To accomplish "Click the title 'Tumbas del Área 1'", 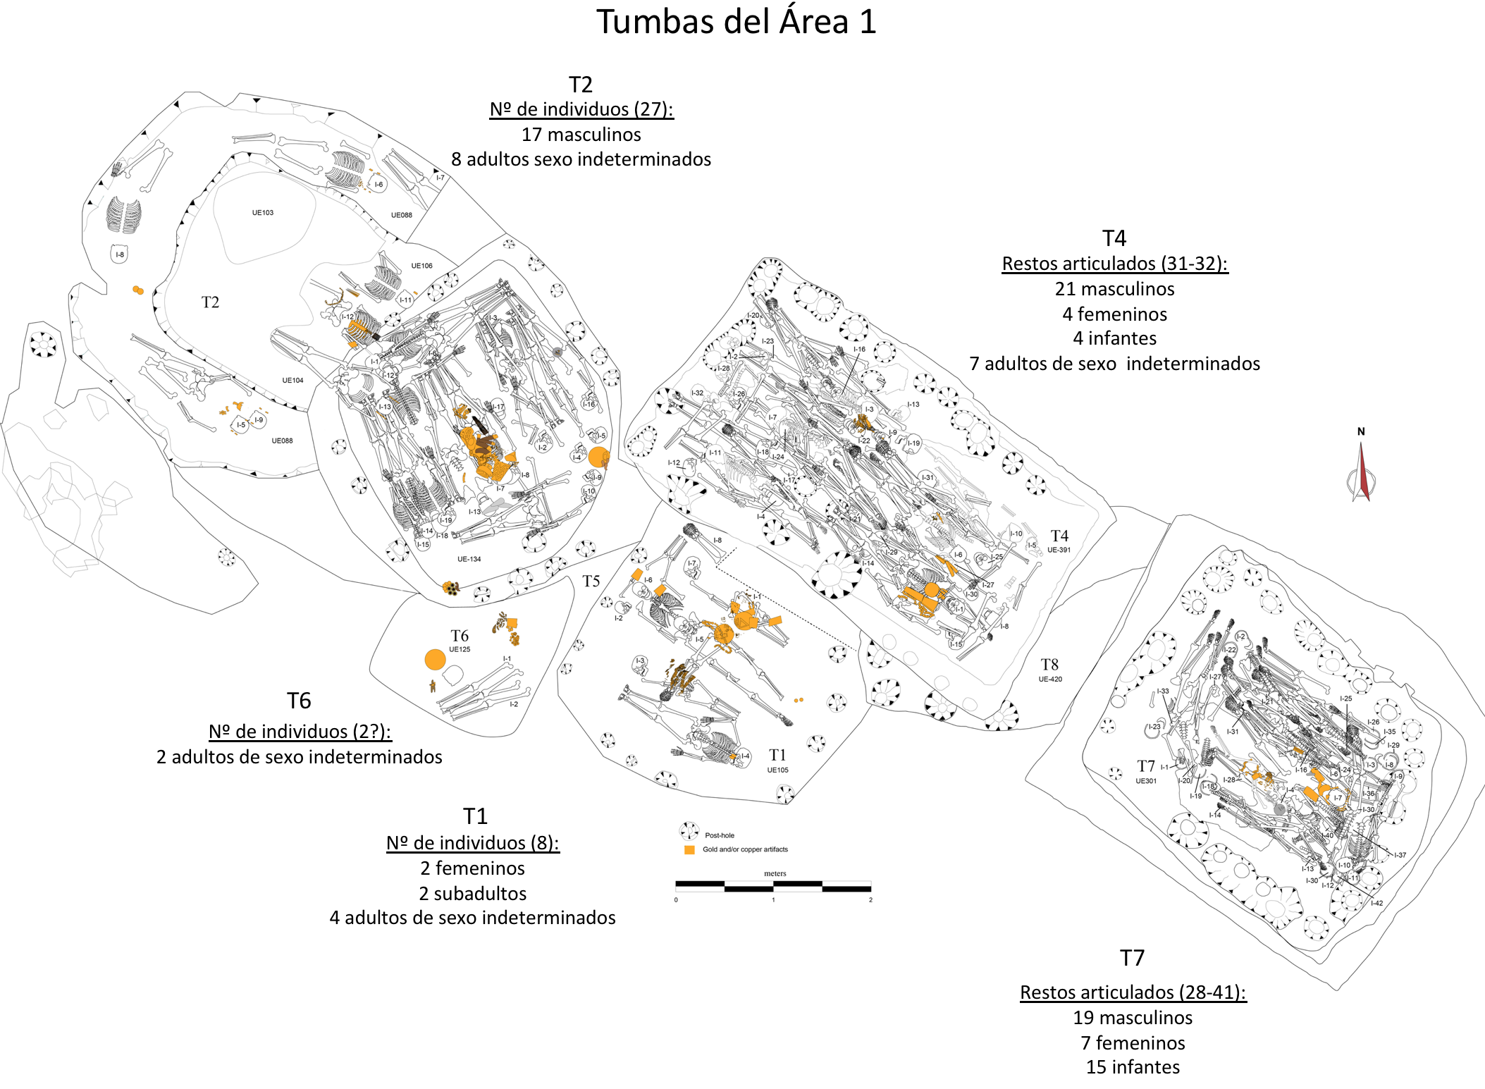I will (x=737, y=22).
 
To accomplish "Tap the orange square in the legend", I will (x=689, y=850).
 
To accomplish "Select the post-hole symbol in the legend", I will (x=689, y=831).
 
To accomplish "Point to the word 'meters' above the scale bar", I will (x=775, y=873).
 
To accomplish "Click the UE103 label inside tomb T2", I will (x=263, y=213).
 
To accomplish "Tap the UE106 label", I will (x=421, y=266).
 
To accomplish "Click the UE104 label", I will (x=292, y=381).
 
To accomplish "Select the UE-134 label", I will (x=469, y=559).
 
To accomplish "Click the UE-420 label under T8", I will (x=1050, y=679).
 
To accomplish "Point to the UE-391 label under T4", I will (x=1059, y=550).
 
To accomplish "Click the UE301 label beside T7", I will (x=1146, y=781).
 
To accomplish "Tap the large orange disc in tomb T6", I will (x=436, y=660).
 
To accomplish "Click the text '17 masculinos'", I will (x=581, y=135).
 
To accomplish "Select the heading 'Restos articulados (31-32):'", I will (x=1114, y=264).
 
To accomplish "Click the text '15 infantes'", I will (x=1133, y=1067).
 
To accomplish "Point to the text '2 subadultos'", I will (x=473, y=894).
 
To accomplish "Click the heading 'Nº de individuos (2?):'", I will (x=300, y=732).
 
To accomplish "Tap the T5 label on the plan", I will (x=591, y=582).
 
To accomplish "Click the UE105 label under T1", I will (x=777, y=770).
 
